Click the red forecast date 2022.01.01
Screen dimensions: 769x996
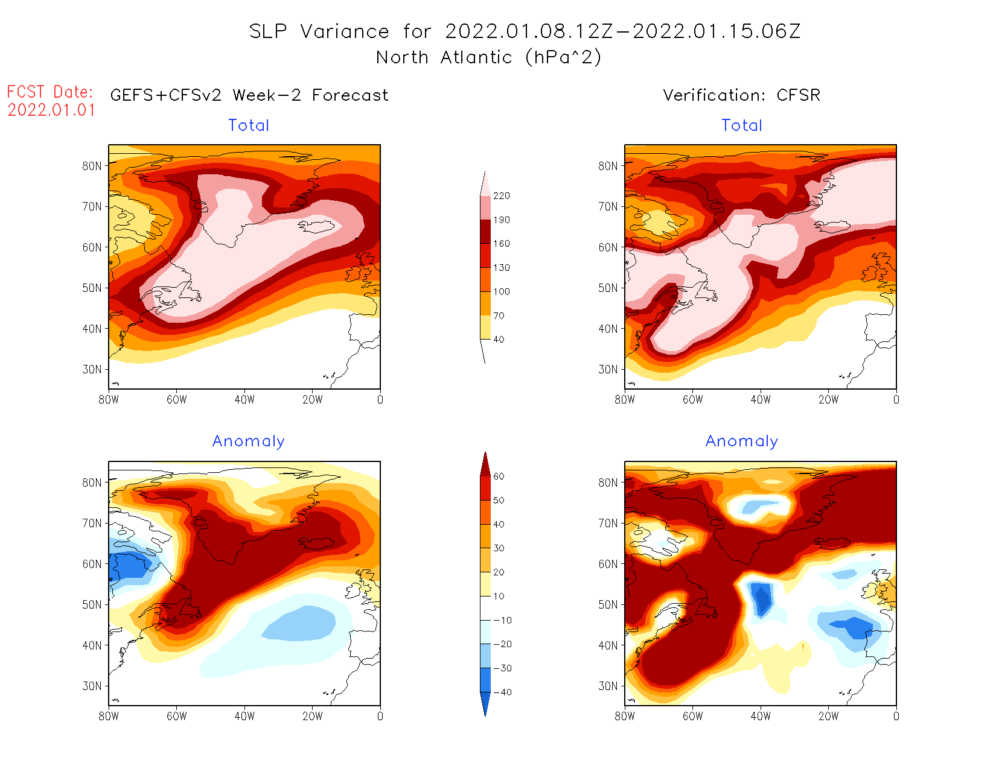pyautogui.click(x=51, y=110)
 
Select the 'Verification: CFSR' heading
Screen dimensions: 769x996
pyautogui.click(x=741, y=95)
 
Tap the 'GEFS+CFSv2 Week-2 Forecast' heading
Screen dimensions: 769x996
pyautogui.click(x=249, y=95)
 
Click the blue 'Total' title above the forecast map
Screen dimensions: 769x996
pyautogui.click(x=249, y=125)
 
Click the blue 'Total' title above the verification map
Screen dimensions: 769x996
pyautogui.click(x=742, y=125)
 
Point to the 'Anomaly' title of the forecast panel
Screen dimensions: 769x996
pyautogui.click(x=248, y=441)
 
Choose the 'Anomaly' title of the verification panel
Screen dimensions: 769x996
pyautogui.click(x=742, y=441)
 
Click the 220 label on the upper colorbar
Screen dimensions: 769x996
pyautogui.click(x=501, y=196)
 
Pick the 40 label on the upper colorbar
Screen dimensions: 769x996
pyautogui.click(x=499, y=340)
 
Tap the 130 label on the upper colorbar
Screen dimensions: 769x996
pyautogui.click(x=501, y=268)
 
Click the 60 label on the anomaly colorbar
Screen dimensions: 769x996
pyautogui.click(x=499, y=476)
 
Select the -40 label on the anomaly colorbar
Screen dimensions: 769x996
pyautogui.click(x=502, y=692)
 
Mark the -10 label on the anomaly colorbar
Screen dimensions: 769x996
pyautogui.click(x=502, y=620)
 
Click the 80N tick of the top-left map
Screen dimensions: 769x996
pyautogui.click(x=92, y=166)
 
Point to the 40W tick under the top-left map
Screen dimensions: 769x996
pyautogui.click(x=244, y=399)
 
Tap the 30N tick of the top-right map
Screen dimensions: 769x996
pyautogui.click(x=608, y=369)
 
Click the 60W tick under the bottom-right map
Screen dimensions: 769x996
pyautogui.click(x=693, y=716)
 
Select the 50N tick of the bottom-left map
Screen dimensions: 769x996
pyautogui.click(x=92, y=604)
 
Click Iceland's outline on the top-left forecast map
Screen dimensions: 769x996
pyautogui.click(x=316, y=226)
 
